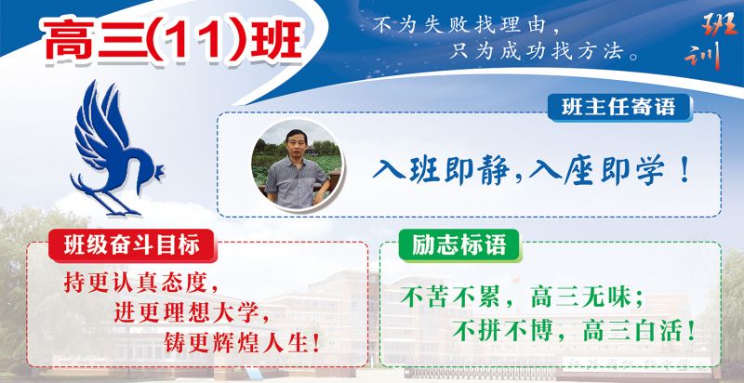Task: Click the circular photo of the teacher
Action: pos(296,165)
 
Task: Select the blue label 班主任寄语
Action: pos(619,108)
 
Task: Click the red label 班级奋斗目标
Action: pos(132,245)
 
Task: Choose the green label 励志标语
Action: pos(459,245)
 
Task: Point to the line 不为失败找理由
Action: pos(466,25)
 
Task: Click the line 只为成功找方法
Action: pos(544,51)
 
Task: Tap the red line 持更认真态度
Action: pos(141,284)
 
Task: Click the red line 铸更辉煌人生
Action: pos(242,343)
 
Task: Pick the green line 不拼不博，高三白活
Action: pos(573,331)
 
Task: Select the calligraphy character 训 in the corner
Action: pos(704,55)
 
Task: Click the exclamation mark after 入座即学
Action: pos(684,171)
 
